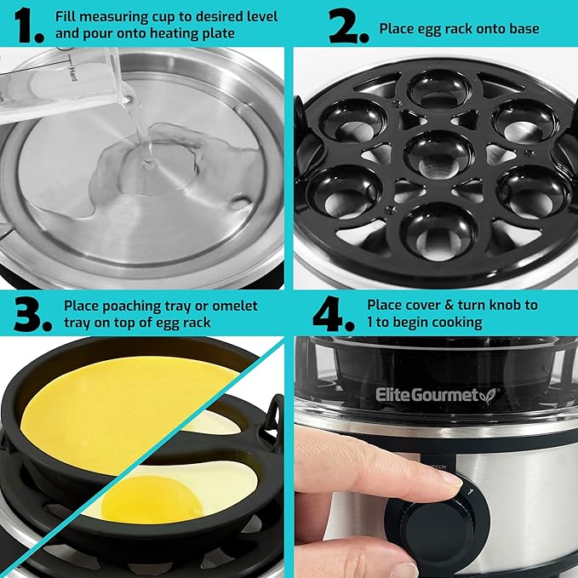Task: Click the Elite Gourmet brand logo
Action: pyautogui.click(x=439, y=393)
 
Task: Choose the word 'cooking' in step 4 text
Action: pyautogui.click(x=461, y=323)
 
